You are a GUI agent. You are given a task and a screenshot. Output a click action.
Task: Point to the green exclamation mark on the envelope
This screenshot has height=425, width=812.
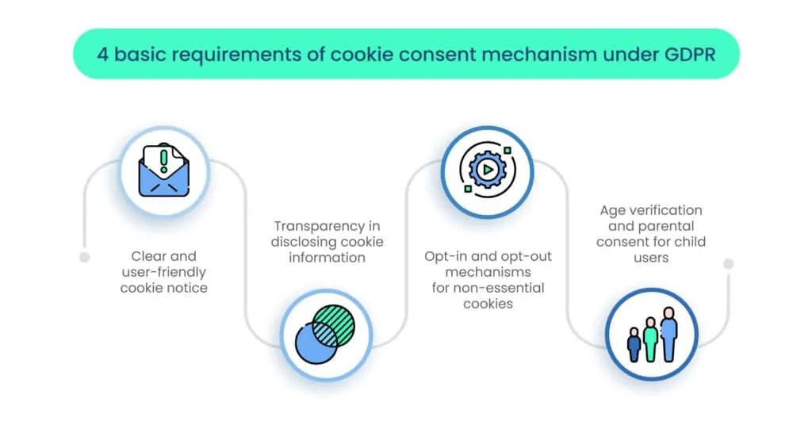(164, 158)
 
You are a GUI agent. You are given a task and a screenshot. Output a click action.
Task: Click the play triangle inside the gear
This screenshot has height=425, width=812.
(487, 170)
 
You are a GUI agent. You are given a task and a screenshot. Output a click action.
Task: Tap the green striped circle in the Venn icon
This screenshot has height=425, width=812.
(333, 324)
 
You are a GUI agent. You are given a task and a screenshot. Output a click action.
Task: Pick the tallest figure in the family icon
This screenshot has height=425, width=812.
(669, 334)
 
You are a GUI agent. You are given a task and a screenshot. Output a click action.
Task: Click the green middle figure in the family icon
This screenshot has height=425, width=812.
(651, 339)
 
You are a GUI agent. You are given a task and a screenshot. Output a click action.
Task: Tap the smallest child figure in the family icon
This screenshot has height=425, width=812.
(634, 345)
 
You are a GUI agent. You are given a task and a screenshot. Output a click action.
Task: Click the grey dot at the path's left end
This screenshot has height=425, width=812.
(85, 257)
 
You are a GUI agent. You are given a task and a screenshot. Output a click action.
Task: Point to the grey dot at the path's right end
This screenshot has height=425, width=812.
(728, 263)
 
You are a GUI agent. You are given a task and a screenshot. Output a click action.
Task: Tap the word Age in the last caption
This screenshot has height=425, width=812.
(612, 210)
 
